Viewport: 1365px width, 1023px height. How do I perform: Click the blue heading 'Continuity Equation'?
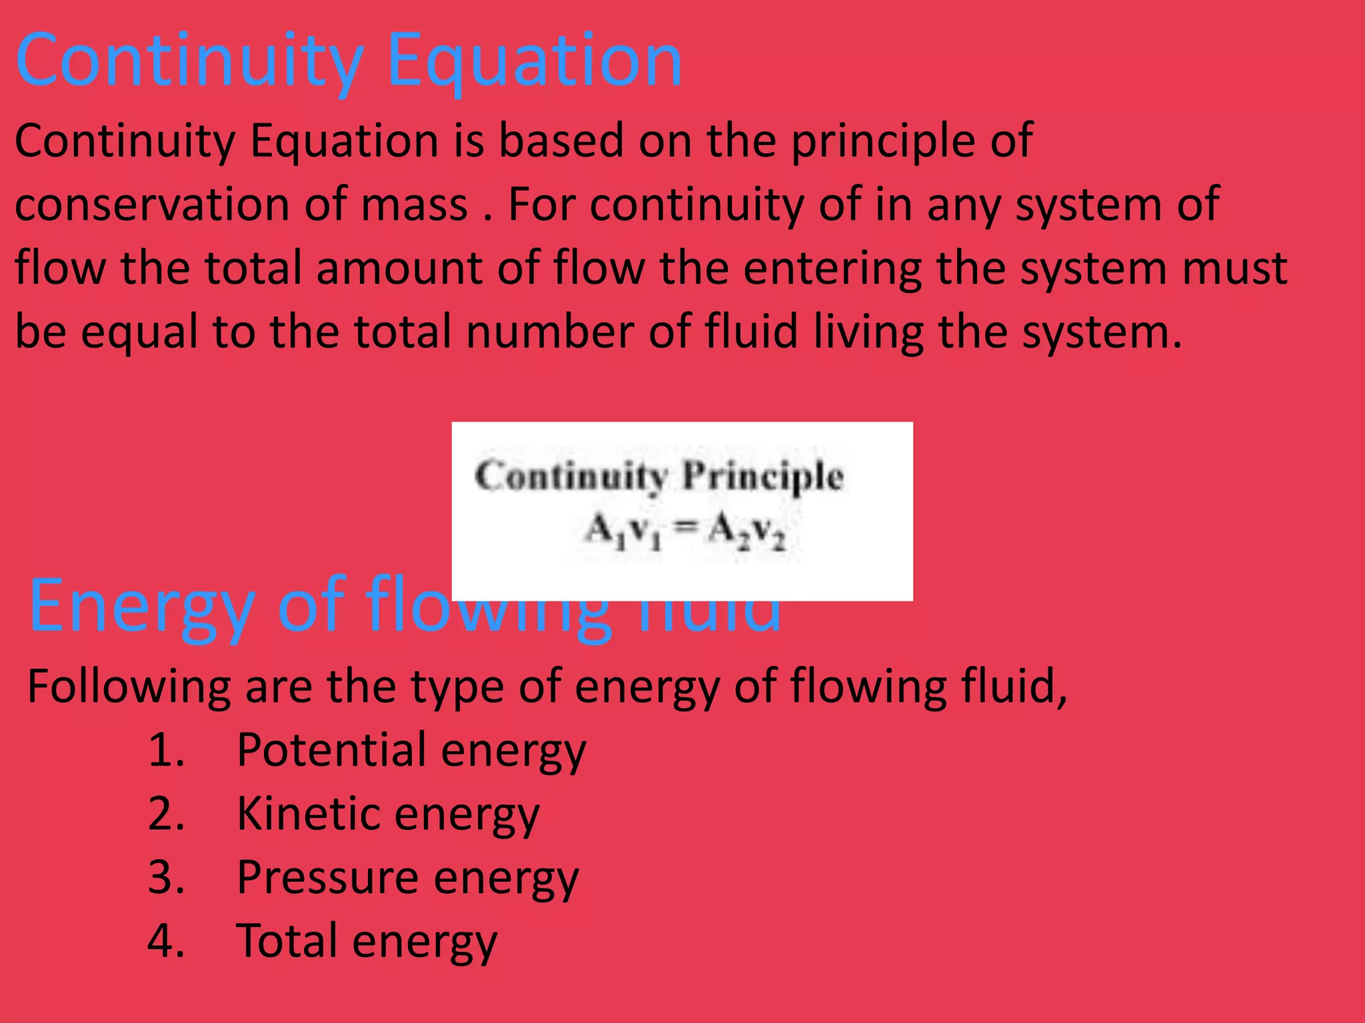[349, 61]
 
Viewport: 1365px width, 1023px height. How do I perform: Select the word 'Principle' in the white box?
[763, 477]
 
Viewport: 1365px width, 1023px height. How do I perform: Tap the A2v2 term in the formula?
[746, 531]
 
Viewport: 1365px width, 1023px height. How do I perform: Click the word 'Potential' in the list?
[331, 750]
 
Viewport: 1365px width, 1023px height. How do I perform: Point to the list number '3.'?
[166, 877]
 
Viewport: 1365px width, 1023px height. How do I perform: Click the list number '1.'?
[166, 750]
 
